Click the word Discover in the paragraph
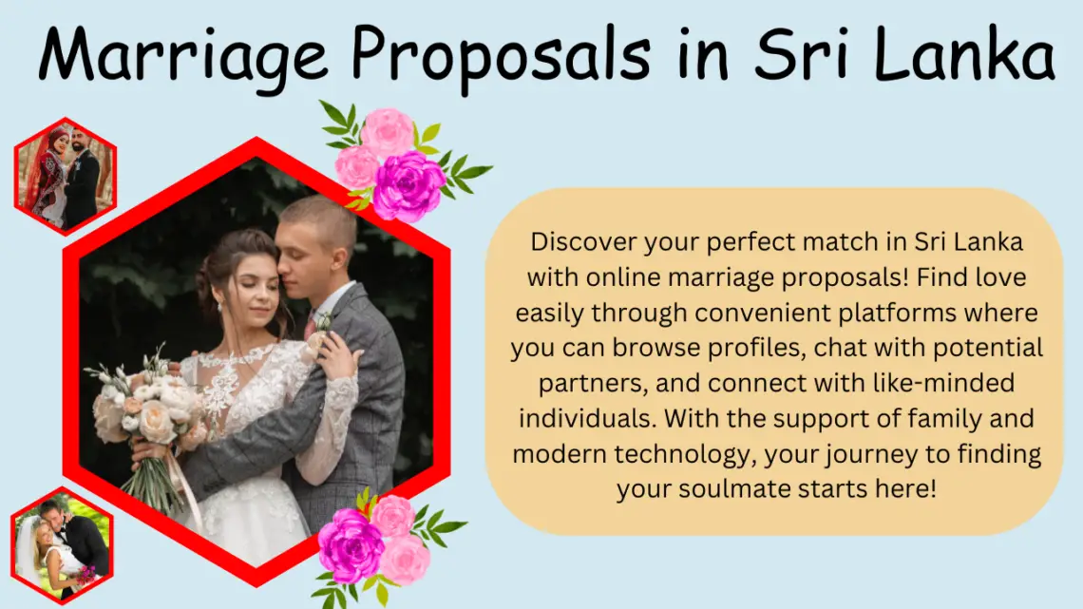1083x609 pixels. pos(584,241)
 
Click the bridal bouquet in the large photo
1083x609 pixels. pos(145,414)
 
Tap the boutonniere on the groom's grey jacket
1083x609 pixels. pos(323,321)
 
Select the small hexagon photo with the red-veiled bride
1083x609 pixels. pos(65,176)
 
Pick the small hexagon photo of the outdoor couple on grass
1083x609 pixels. pos(62,545)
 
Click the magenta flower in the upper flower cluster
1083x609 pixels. pos(408,185)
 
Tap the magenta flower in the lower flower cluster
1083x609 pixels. pos(351,544)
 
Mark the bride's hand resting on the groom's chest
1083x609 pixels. pos(336,352)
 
